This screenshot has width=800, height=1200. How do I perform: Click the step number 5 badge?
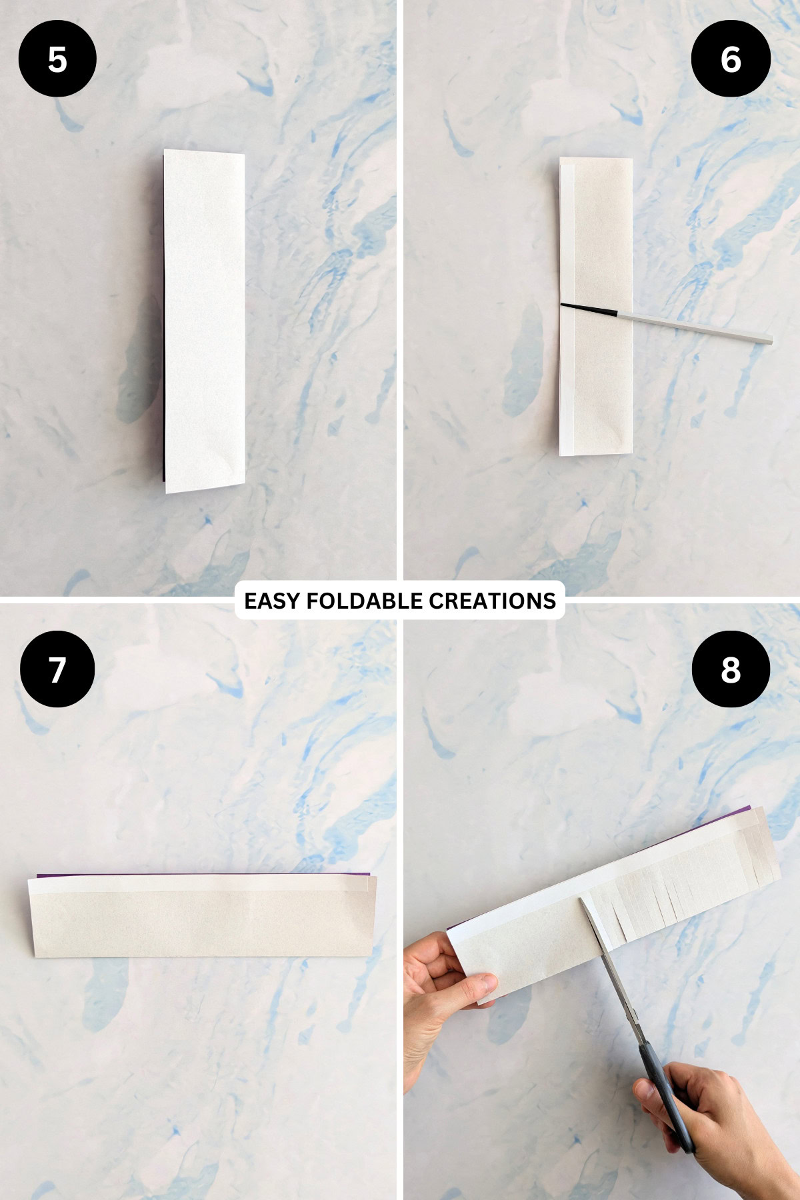click(57, 59)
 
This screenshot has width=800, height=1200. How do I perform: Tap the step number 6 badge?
click(731, 59)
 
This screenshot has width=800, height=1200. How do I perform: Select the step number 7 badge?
click(57, 669)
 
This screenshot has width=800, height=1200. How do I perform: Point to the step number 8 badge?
click(731, 669)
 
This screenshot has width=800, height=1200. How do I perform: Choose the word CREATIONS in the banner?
click(492, 601)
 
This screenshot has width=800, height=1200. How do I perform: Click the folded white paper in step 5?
click(204, 320)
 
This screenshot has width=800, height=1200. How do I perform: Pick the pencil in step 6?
click(693, 326)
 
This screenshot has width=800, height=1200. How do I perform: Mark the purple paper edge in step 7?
click(200, 874)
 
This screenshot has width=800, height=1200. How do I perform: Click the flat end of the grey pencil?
click(770, 340)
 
